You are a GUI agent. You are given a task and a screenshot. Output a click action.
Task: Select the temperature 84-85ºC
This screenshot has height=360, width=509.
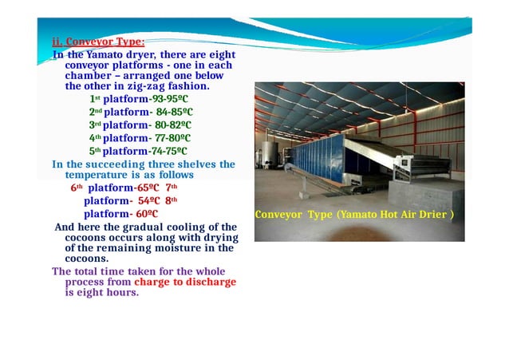pos(173,113)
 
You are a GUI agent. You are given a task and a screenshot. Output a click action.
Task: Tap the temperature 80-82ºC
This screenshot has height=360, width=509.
pos(173,125)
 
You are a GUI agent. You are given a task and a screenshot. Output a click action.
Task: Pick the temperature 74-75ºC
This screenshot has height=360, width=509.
pos(168,150)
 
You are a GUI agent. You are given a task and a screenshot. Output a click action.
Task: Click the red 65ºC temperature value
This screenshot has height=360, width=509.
pos(148,188)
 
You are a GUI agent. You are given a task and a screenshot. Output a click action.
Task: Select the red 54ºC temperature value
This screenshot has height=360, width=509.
pos(150,201)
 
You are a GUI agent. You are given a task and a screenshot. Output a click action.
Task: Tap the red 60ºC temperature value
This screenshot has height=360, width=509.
pos(147,214)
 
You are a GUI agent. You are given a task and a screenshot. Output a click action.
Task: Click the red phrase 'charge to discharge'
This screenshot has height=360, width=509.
pos(185,282)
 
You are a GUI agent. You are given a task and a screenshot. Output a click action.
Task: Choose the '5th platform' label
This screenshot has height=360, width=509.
pos(118,150)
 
